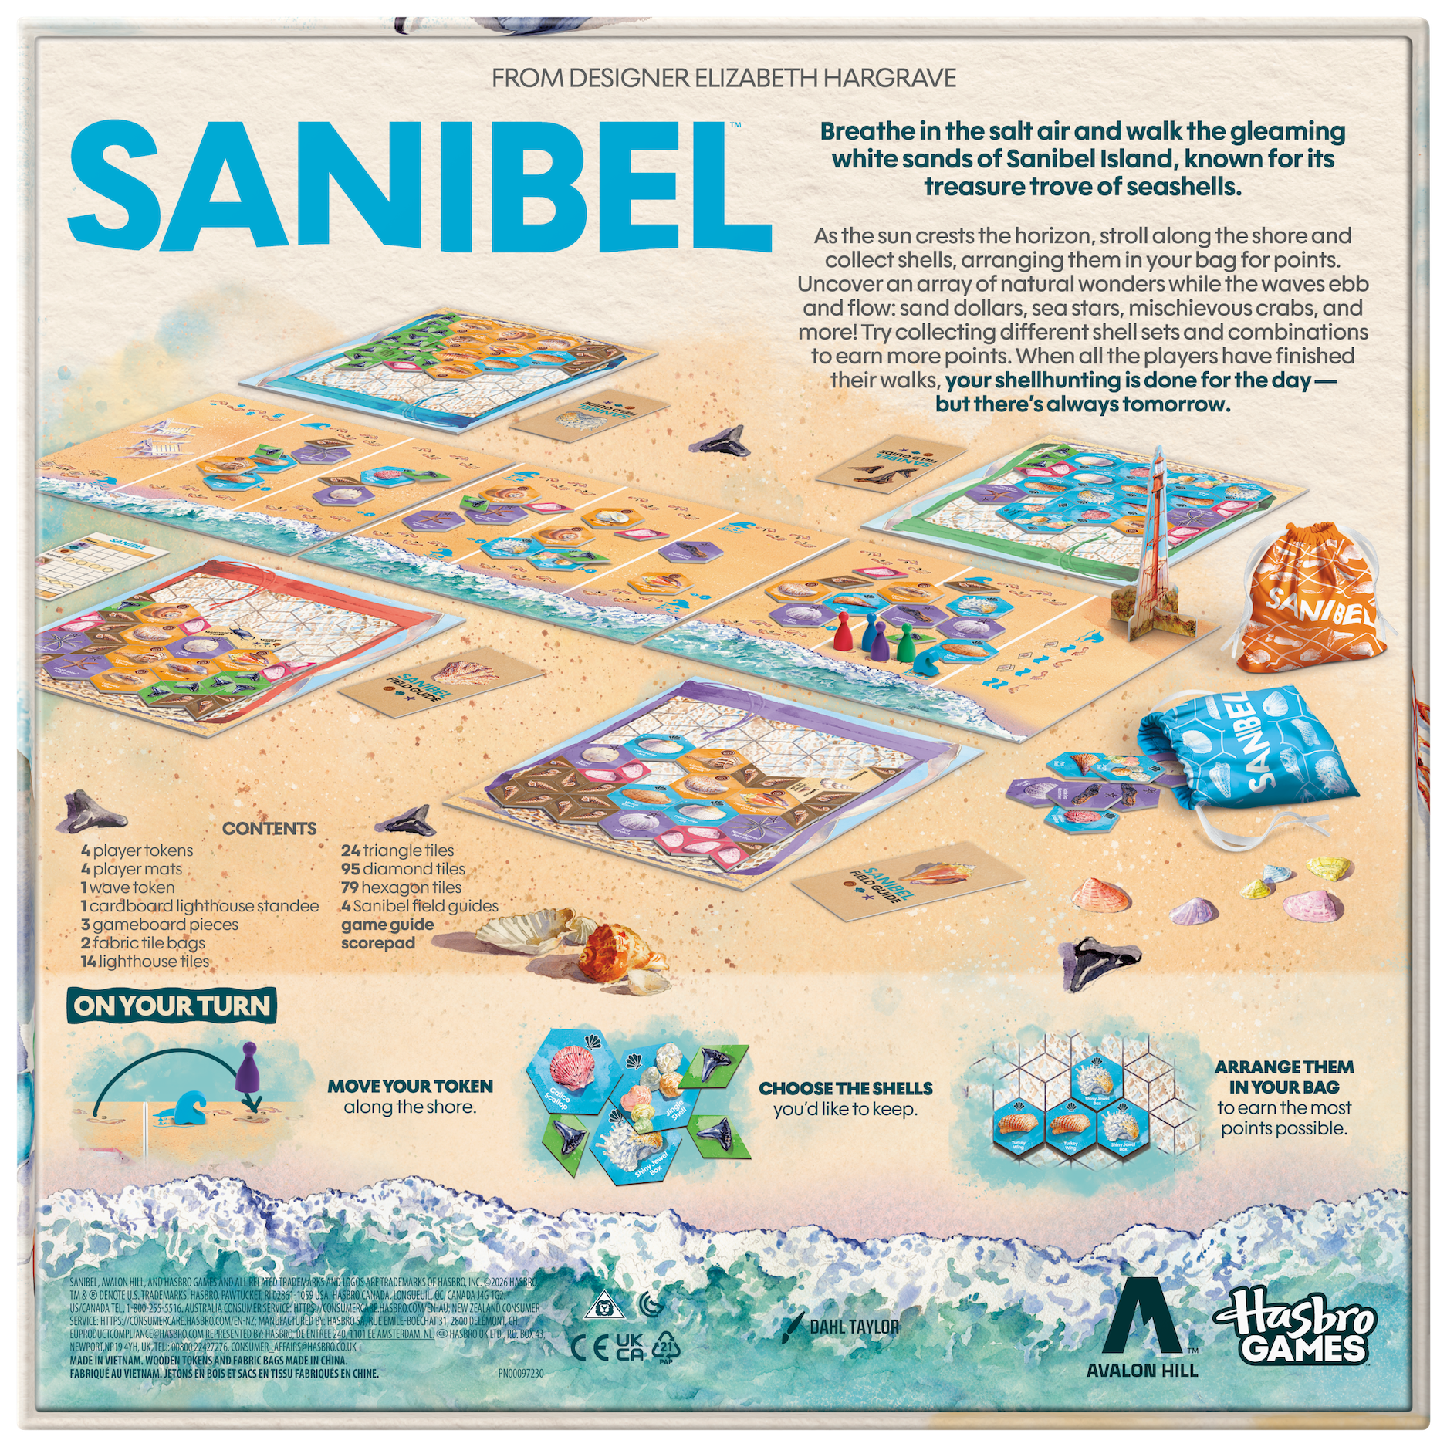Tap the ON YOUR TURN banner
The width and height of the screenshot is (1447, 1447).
171,1006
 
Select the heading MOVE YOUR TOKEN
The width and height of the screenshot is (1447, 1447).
410,1086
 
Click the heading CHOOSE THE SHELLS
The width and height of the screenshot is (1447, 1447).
846,1088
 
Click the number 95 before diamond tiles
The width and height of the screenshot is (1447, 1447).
351,869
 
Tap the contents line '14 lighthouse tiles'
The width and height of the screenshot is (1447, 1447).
145,962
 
